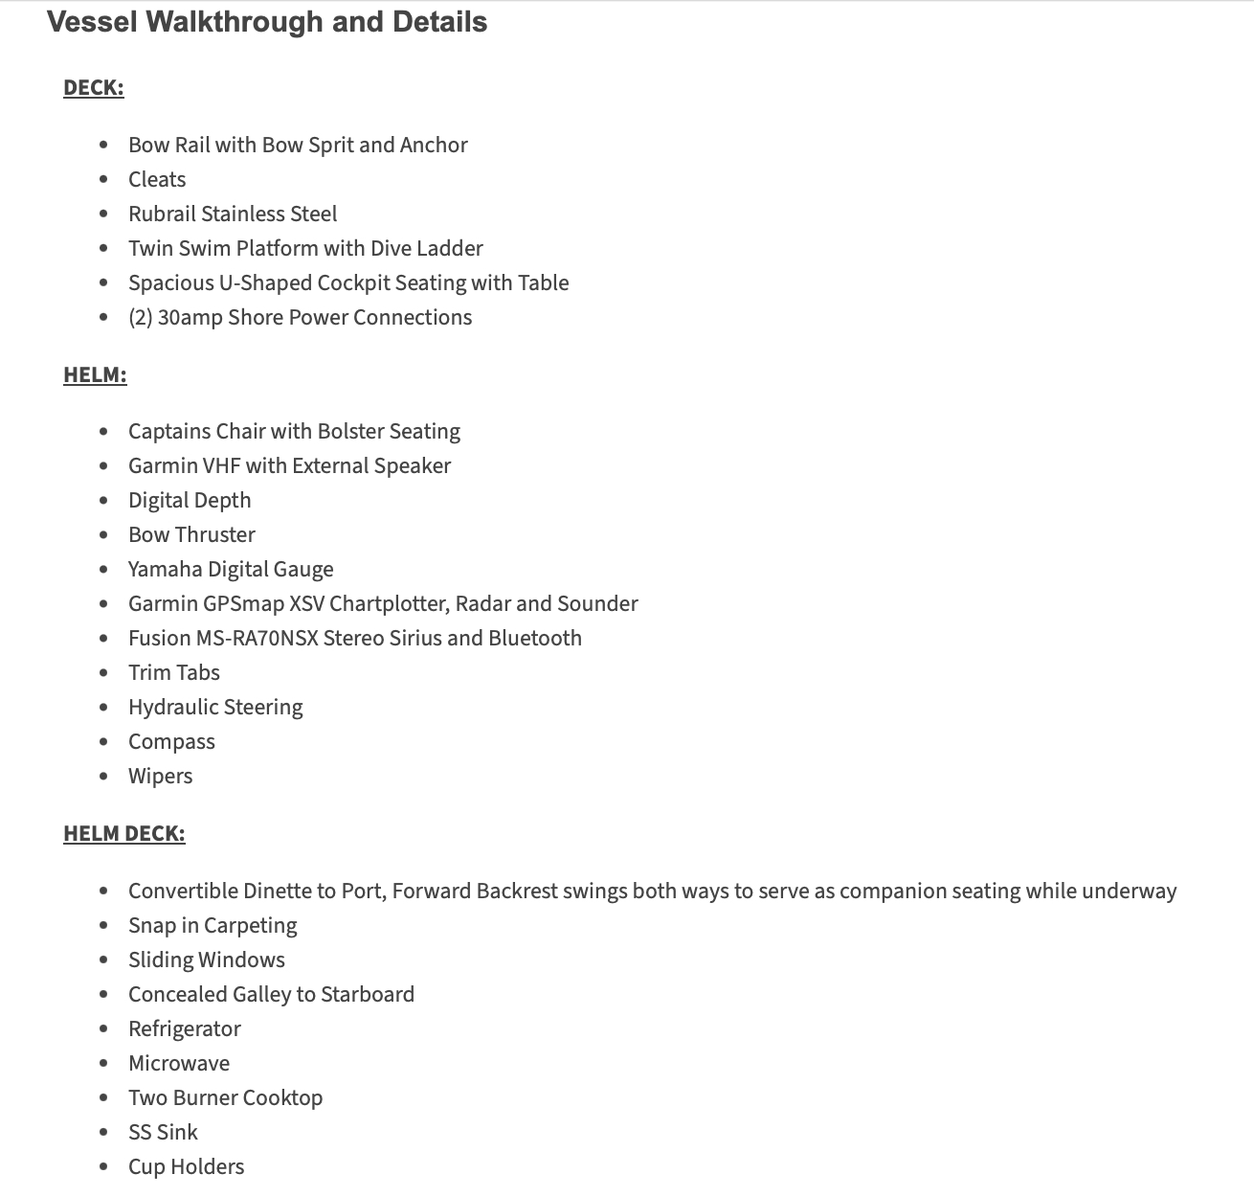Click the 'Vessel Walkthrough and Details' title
(267, 22)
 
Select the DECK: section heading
(94, 88)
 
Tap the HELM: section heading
(95, 374)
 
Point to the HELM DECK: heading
(124, 833)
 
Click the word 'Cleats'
(157, 180)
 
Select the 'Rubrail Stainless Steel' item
(233, 215)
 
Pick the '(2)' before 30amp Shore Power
(140, 318)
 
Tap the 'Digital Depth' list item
(190, 501)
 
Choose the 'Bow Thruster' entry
(191, 535)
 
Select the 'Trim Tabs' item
(174, 673)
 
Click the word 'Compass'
(171, 742)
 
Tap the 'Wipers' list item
(160, 777)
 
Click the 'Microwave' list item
(179, 1064)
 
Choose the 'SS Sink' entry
(163, 1133)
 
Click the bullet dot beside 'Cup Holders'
(103, 1167)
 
